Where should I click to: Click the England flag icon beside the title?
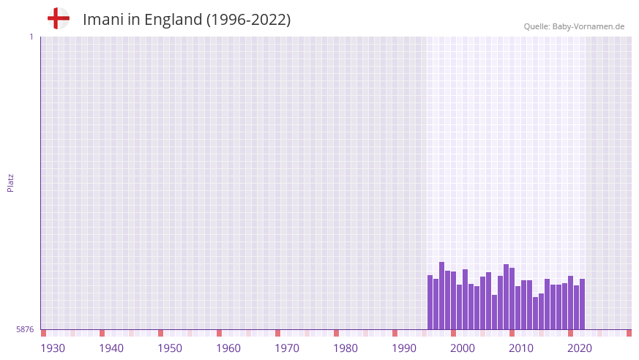coord(59,18)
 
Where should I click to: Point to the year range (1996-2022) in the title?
coord(248,20)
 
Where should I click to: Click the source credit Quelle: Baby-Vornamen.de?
coord(574,26)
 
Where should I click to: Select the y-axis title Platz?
coord(10,182)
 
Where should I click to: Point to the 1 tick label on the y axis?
coord(31,37)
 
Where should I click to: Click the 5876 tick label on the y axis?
coord(25,329)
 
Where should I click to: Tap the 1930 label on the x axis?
coord(53,348)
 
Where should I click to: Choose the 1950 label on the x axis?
coord(170,348)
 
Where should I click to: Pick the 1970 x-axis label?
coord(287,348)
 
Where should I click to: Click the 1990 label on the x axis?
coord(404,348)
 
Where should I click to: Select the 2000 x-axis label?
coord(463,348)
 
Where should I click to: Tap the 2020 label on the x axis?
coord(580,348)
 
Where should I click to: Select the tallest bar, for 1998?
coord(442,296)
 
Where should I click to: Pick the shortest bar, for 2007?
coord(495,312)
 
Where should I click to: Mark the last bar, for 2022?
coord(583,304)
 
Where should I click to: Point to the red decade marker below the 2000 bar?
coord(454,333)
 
